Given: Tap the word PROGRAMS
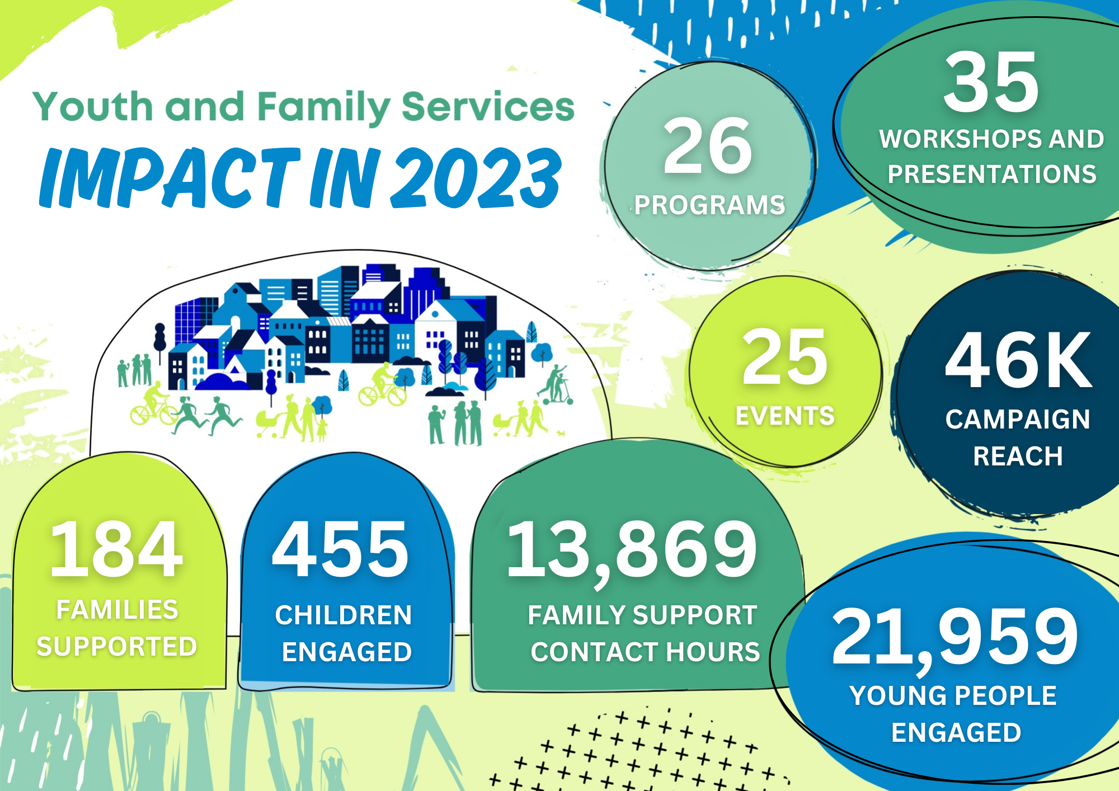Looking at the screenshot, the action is click(x=709, y=205).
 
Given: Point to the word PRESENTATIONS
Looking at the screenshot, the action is click(x=992, y=174).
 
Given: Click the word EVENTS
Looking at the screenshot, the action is click(x=785, y=416).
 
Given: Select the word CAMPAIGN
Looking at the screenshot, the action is click(x=1018, y=419).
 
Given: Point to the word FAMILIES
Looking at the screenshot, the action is click(x=117, y=609).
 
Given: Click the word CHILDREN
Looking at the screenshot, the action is click(x=344, y=615).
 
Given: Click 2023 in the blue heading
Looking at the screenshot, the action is click(x=476, y=177).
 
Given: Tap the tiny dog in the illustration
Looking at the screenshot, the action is click(x=560, y=432).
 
